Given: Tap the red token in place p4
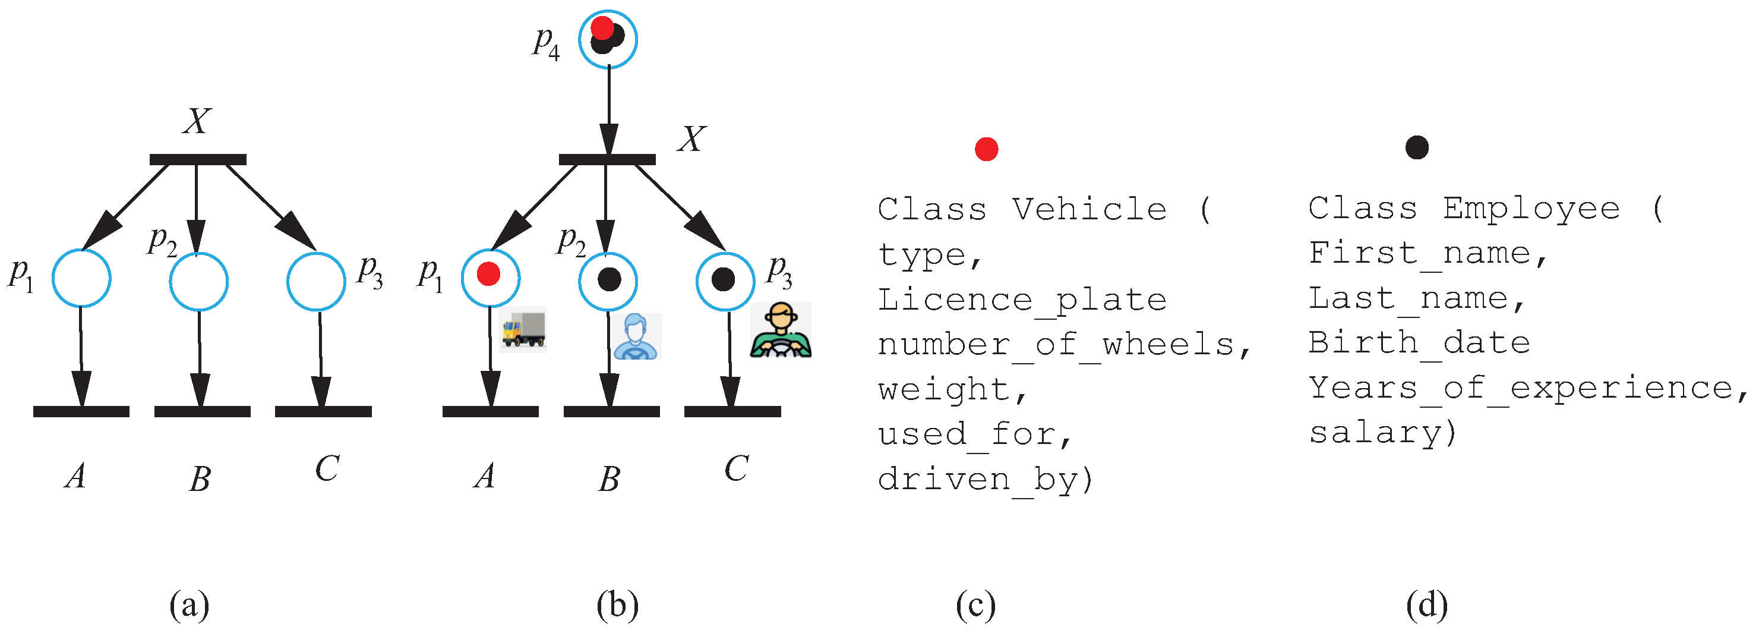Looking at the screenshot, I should click(x=602, y=29).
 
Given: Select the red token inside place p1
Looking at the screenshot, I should click(x=488, y=274).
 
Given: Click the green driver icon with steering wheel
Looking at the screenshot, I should click(x=781, y=330).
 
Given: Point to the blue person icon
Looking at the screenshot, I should click(x=636, y=336).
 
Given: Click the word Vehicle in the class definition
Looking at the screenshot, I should click(x=1089, y=209).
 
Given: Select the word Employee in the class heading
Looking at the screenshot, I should click(x=1531, y=207).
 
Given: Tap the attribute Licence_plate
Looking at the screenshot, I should click(x=1022, y=301).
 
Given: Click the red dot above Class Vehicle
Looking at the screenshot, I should click(x=986, y=148).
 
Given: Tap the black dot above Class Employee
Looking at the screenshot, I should click(x=1417, y=147).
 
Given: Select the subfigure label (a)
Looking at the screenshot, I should click(x=189, y=604).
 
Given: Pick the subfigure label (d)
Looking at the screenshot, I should click(x=1426, y=604).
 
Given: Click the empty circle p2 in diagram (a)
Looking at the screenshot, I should click(x=198, y=281).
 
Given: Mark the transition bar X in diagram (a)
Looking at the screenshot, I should click(x=197, y=160).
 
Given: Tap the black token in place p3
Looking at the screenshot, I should click(x=723, y=279).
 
